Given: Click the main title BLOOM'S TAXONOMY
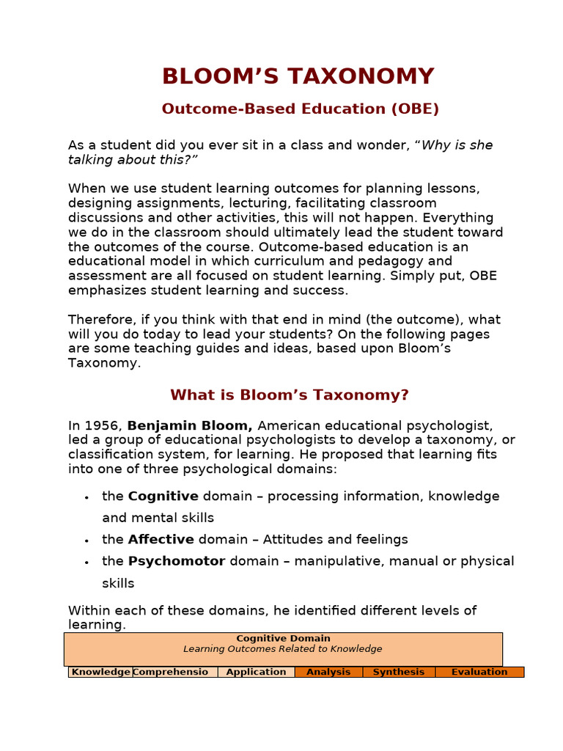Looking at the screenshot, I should pyautogui.click(x=298, y=76).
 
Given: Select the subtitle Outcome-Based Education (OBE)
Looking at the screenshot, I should pyautogui.click(x=300, y=109).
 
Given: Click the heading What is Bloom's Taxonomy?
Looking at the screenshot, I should pyautogui.click(x=290, y=395).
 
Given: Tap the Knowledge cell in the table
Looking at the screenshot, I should pyautogui.click(x=100, y=672).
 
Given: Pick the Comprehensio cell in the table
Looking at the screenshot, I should pyautogui.click(x=174, y=672).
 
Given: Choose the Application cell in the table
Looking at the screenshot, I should pyautogui.click(x=256, y=672).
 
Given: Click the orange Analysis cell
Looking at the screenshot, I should pyautogui.click(x=328, y=672).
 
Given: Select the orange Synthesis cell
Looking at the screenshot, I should pyautogui.click(x=398, y=672).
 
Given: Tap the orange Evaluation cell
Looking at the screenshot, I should pyautogui.click(x=479, y=672).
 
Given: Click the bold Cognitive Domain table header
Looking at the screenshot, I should pyautogui.click(x=283, y=639).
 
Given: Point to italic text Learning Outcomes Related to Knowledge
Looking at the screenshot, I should pyautogui.click(x=283, y=649).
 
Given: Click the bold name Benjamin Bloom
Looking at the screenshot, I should pyautogui.click(x=190, y=425).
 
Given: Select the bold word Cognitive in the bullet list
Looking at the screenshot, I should pyautogui.click(x=163, y=496).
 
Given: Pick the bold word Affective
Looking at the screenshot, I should pyautogui.click(x=161, y=540).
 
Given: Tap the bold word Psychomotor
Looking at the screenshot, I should pyautogui.click(x=177, y=561).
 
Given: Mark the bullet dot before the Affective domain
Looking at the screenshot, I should pyautogui.click(x=87, y=541).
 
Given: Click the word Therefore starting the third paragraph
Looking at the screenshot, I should pyautogui.click(x=100, y=320).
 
